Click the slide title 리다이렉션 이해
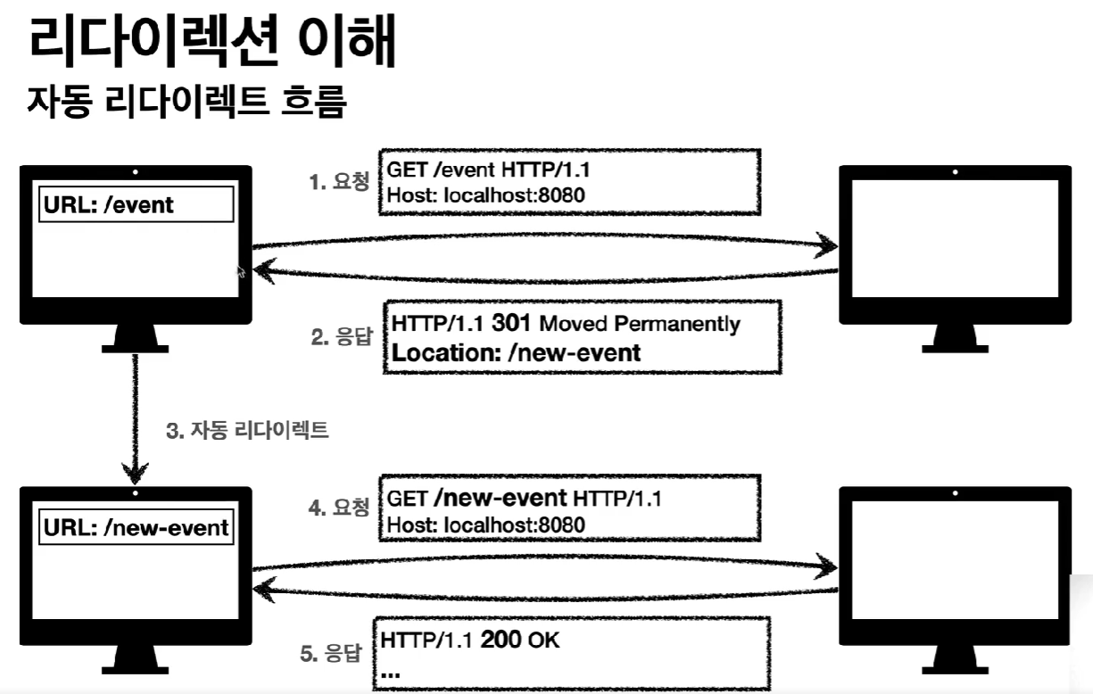coord(211,40)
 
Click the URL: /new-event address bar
coord(137,527)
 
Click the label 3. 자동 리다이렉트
coord(248,431)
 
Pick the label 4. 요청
coord(338,508)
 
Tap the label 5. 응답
coord(330,654)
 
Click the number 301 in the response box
coord(511,322)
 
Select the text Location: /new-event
coord(516,352)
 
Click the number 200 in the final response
coord(501,640)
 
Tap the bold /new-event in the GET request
coord(504,497)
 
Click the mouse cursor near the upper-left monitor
coord(239,271)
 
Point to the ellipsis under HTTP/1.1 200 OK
coord(390,673)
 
